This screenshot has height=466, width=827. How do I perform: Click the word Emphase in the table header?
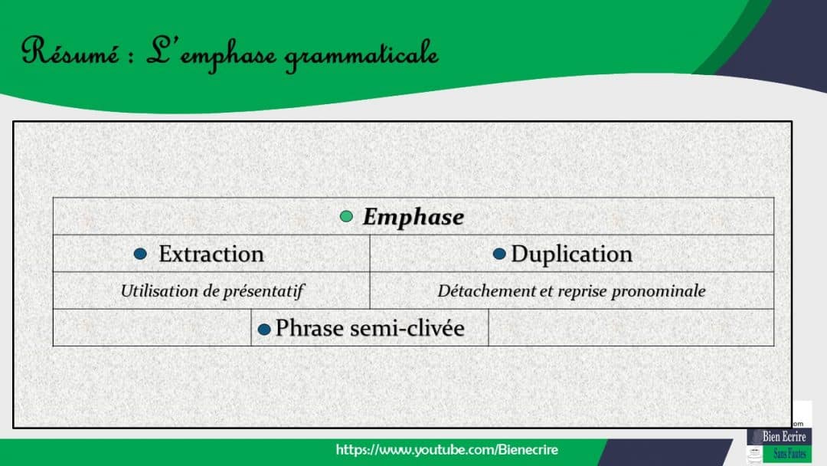(x=413, y=217)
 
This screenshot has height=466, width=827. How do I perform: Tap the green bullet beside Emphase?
(x=347, y=217)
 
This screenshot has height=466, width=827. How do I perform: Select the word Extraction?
(x=211, y=254)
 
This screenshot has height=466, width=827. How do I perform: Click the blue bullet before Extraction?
(x=140, y=254)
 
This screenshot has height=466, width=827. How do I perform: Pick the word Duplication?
(x=571, y=254)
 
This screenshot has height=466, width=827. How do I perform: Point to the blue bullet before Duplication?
(x=499, y=254)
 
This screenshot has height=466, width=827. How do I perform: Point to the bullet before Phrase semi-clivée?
(x=264, y=329)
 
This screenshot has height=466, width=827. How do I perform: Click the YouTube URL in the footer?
(x=447, y=450)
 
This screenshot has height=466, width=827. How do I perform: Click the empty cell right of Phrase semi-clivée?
(x=631, y=328)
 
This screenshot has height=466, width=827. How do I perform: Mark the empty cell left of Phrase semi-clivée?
(x=152, y=328)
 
